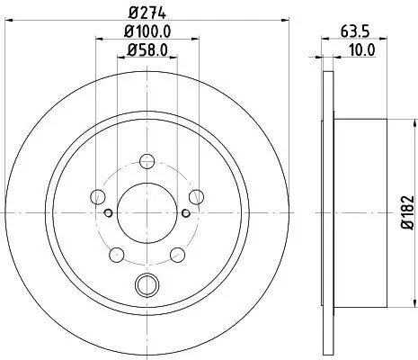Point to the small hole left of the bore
click(107, 212)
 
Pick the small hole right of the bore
click(185, 212)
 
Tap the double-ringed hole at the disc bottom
click(146, 287)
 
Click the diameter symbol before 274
click(131, 13)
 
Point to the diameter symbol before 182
click(406, 235)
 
